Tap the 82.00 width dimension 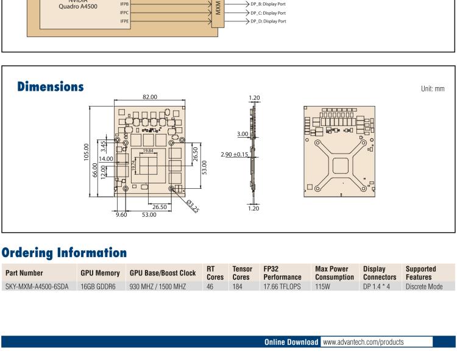[149, 97]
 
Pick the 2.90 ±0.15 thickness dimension [233, 155]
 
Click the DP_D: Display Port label [269, 21]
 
